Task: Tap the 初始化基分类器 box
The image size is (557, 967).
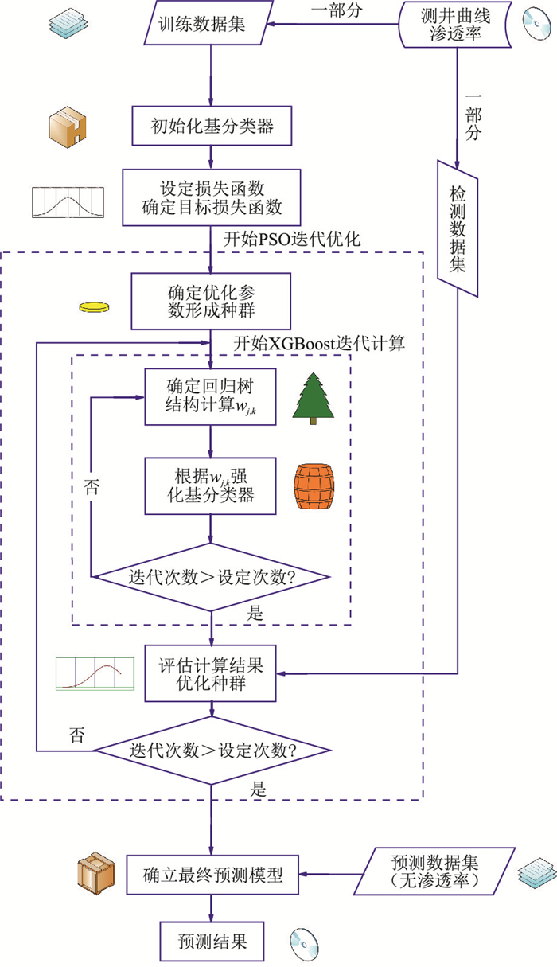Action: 210,124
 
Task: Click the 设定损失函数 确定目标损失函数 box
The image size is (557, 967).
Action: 211,198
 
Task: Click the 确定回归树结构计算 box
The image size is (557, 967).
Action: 210,396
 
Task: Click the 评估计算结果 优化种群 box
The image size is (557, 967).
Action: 210,673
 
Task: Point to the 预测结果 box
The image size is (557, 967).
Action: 210,942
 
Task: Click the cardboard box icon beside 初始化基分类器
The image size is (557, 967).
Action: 67,124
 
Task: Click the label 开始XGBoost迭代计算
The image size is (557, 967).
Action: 319,343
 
